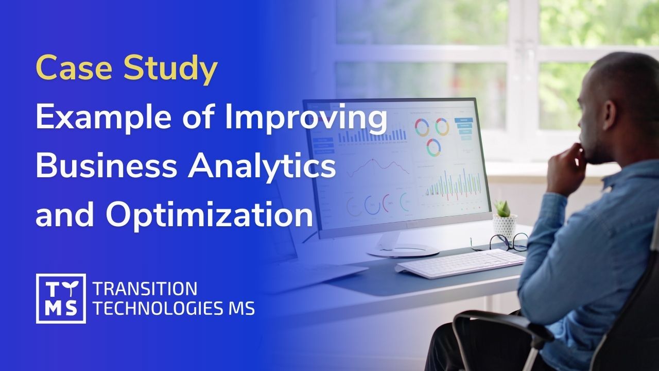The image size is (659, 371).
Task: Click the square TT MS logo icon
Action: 61,298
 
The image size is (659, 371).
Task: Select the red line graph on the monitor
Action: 375,167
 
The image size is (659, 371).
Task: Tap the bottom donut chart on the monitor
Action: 433,147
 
